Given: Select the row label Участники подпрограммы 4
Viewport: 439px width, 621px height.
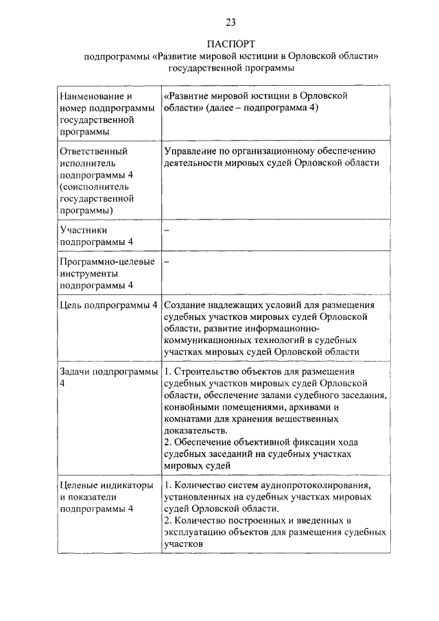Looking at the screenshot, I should tap(96, 236).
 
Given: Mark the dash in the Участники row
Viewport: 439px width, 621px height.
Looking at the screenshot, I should tap(167, 231).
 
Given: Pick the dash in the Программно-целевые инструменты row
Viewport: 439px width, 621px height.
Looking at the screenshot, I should tap(167, 262).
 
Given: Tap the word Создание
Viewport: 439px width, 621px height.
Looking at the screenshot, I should tap(187, 305).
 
